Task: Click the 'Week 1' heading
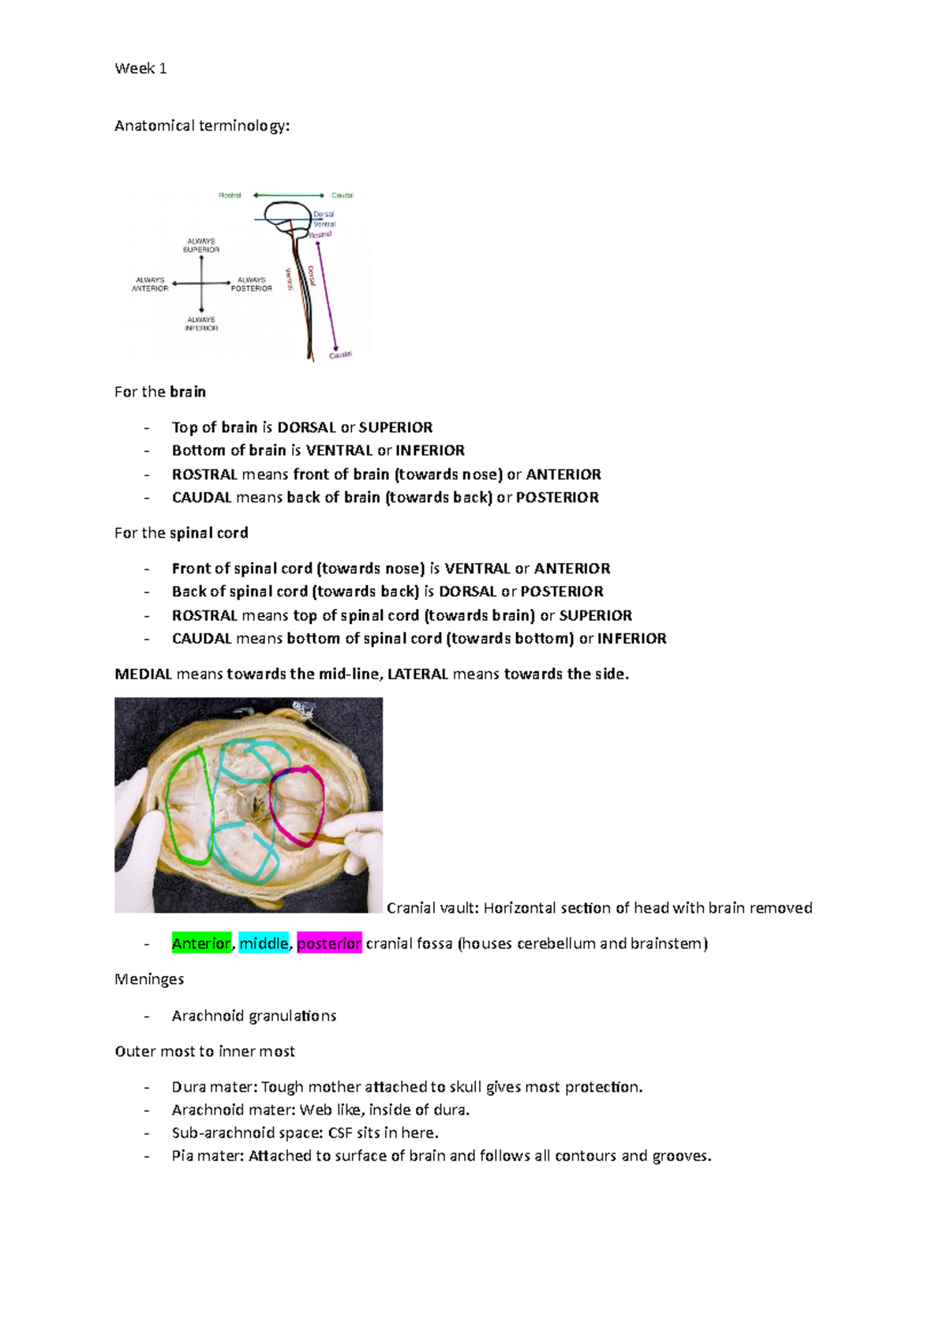click(x=140, y=69)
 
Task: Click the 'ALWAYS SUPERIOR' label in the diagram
click(x=201, y=246)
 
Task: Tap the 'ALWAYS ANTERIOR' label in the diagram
click(x=150, y=284)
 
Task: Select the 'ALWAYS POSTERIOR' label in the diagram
click(x=252, y=284)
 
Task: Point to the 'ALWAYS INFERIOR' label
click(x=201, y=324)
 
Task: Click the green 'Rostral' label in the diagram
click(x=230, y=195)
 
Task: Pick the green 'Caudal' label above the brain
click(x=342, y=195)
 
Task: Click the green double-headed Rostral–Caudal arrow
click(x=288, y=195)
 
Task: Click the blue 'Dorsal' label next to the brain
click(x=324, y=214)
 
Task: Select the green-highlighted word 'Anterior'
click(x=201, y=944)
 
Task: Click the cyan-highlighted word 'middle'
click(x=264, y=944)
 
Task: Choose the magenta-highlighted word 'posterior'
click(x=329, y=944)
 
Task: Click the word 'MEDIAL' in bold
click(x=143, y=674)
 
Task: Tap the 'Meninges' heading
click(x=149, y=979)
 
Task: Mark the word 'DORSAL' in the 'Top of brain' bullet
click(x=306, y=428)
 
